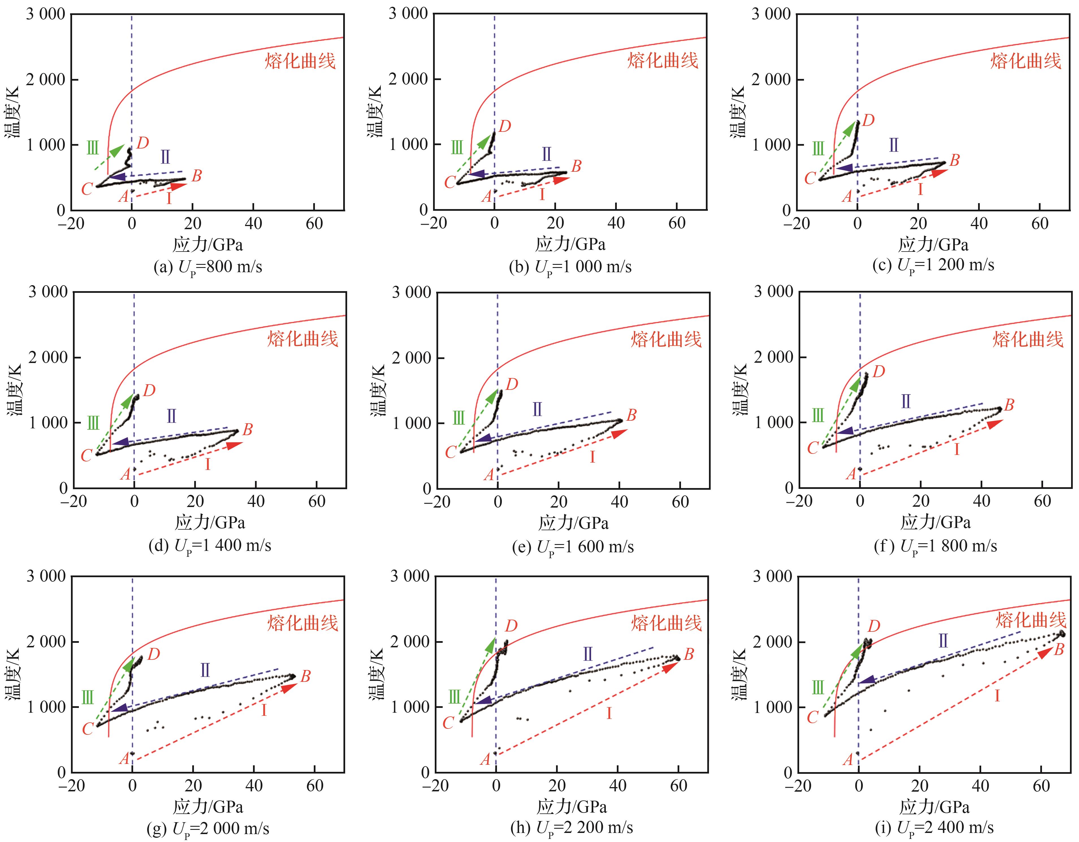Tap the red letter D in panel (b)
(504, 126)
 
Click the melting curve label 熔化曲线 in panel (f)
(1028, 339)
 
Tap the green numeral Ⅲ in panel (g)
(87, 698)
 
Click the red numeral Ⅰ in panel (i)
(997, 696)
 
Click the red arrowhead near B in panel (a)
(179, 186)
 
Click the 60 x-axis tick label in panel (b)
(677, 224)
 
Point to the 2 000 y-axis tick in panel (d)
(48, 357)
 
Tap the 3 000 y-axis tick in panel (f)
(773, 292)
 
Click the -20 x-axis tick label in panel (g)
(72, 786)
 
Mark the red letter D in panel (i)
(874, 626)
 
